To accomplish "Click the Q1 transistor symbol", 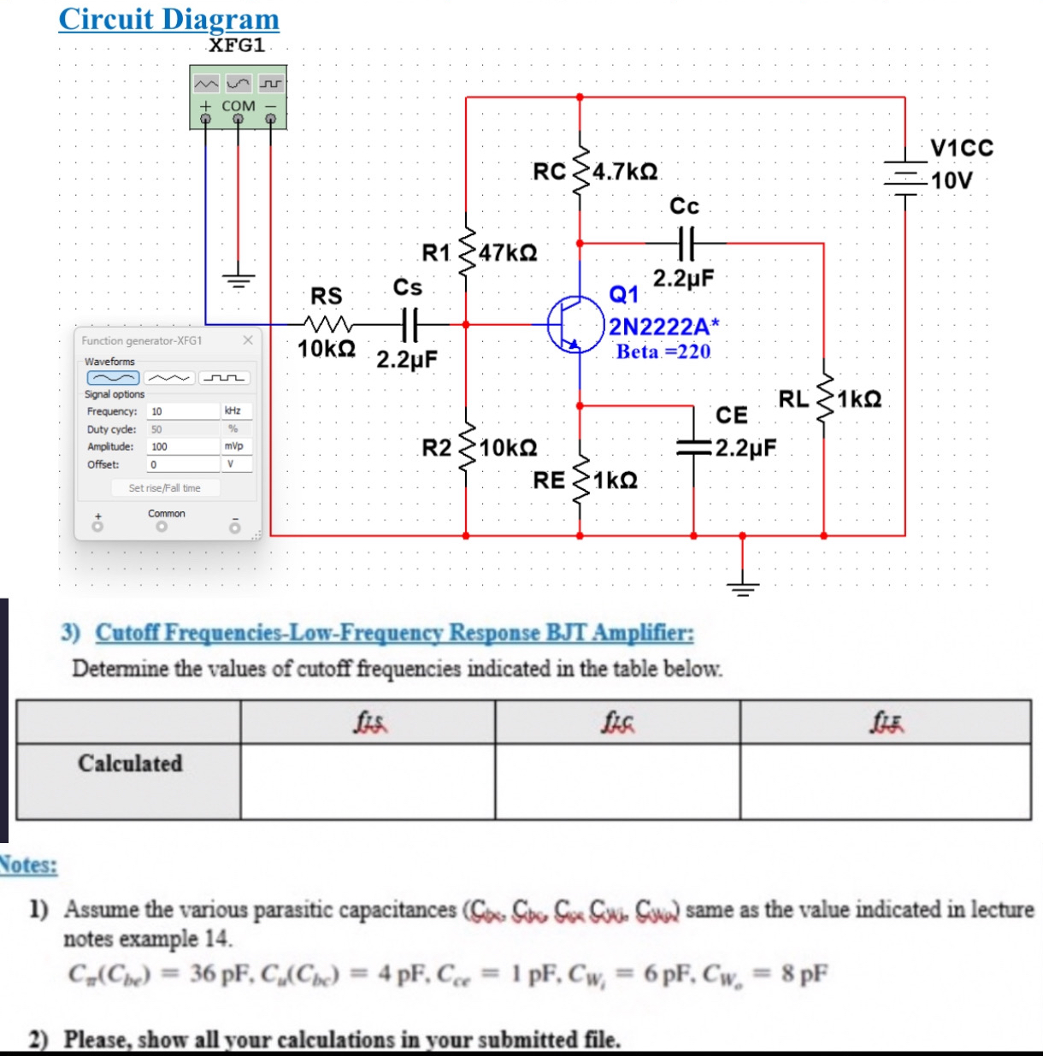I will (575, 325).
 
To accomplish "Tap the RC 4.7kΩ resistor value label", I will (625, 171).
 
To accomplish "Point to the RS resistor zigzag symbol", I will (327, 325).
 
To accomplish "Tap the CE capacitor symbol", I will (693, 446).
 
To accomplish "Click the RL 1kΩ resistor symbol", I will (824, 400).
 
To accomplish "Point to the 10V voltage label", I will (952, 181).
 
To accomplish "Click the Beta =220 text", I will (663, 351).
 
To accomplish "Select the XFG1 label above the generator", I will (237, 45).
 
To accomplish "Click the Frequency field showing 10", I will (183, 411).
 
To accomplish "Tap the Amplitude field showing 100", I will (183, 446).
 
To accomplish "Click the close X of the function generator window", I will (248, 340).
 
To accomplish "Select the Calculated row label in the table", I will (130, 763).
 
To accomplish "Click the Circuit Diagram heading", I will (168, 19).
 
